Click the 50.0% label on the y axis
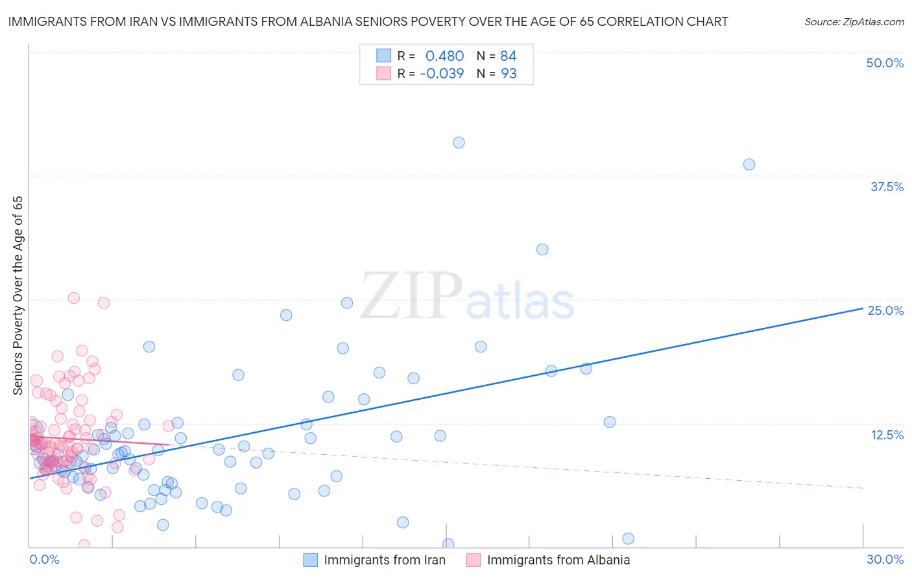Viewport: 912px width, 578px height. tap(885, 63)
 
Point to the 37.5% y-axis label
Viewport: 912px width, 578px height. tap(887, 187)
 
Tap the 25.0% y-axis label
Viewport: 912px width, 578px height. tap(885, 310)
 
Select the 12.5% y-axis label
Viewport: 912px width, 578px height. tap(887, 435)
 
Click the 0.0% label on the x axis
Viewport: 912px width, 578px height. tap(44, 559)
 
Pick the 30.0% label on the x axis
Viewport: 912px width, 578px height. tap(885, 559)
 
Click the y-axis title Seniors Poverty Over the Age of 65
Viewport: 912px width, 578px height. tap(18, 295)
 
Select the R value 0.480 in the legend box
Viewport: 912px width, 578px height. tap(444, 56)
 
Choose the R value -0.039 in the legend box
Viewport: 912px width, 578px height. tap(442, 73)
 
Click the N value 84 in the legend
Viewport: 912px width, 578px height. tap(508, 56)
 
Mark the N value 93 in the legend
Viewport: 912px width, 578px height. tap(509, 73)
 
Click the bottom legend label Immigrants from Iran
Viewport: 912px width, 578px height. tap(385, 560)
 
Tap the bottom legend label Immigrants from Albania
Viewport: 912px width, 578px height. tap(558, 560)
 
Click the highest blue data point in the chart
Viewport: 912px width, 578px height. tap(459, 143)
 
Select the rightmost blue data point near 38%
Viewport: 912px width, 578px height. tap(749, 165)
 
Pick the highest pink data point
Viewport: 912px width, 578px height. tap(74, 298)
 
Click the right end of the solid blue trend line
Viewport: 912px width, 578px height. tap(863, 308)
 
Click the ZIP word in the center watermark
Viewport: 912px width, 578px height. tap(411, 296)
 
